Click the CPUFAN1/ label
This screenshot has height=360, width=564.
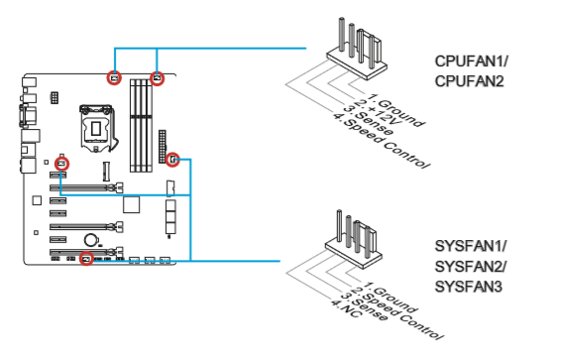[471, 61]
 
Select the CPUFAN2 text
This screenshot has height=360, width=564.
[469, 81]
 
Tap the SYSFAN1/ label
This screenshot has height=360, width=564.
[471, 246]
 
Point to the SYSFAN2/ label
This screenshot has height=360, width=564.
[471, 267]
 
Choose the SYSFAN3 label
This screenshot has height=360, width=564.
[468, 287]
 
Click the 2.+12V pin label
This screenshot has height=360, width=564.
[378, 112]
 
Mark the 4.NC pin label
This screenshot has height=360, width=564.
[345, 308]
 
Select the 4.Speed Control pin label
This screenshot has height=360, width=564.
[381, 141]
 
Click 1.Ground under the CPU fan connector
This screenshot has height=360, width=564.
[396, 110]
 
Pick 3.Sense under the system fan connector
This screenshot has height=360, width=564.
[365, 306]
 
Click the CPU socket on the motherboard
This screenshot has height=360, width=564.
[96, 128]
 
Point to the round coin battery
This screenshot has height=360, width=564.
[90, 240]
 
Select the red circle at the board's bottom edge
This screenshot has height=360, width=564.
[86, 259]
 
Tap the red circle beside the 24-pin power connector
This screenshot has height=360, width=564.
[172, 159]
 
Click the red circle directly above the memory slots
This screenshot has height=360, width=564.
[157, 78]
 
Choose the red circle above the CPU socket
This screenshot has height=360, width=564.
[114, 77]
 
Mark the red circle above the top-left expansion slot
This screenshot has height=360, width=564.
[61, 165]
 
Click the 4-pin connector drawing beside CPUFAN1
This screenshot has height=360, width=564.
[357, 49]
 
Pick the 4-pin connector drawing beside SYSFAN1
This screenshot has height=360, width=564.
[353, 239]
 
